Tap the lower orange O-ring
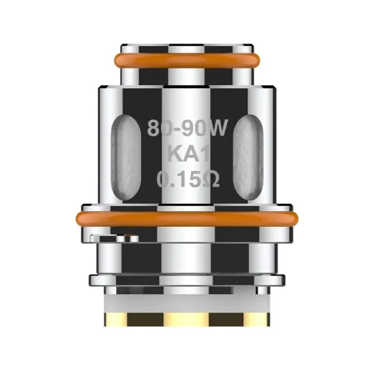pyautogui.click(x=186, y=218)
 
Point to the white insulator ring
pyautogui.click(x=186, y=302)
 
